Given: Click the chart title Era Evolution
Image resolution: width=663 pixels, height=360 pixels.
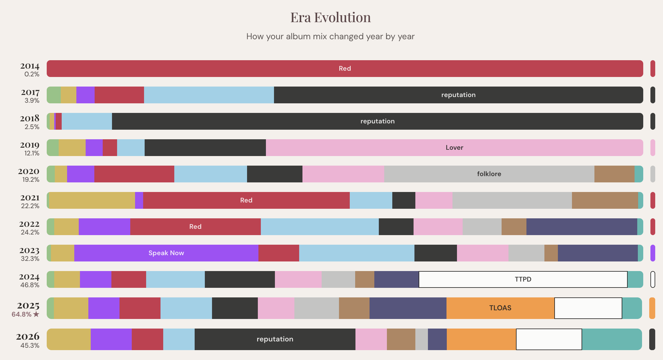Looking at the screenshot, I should click(331, 17).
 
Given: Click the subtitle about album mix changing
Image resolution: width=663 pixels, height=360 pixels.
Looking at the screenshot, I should click(330, 37).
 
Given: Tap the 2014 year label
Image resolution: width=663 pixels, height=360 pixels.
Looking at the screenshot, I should click(30, 66).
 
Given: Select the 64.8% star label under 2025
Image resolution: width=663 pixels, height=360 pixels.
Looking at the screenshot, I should click(25, 314).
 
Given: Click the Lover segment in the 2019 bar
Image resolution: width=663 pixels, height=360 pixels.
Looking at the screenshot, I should click(454, 148).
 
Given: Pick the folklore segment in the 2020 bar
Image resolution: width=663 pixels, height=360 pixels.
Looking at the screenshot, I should click(489, 174).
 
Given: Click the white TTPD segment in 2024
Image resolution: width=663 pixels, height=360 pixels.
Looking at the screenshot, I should click(523, 279).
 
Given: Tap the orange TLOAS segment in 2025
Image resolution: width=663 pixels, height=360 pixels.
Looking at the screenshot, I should click(500, 308).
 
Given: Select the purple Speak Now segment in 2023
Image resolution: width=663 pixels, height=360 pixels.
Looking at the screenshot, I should click(166, 253).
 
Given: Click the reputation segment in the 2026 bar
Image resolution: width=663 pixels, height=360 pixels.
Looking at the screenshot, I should click(275, 339).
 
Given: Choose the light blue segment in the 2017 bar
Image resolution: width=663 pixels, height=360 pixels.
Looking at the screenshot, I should click(209, 95).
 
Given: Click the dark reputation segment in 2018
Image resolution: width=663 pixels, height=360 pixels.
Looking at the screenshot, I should click(377, 121).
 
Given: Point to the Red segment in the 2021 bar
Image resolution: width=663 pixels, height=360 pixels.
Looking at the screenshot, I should click(246, 200).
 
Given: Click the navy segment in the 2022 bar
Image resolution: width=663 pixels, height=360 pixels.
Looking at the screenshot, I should click(582, 227).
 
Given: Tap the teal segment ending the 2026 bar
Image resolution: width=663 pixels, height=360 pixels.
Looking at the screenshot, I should click(611, 339).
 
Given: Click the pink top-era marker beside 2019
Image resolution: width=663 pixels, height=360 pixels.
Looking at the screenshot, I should click(653, 148).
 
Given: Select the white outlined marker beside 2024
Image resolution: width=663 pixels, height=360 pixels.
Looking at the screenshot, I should click(653, 279).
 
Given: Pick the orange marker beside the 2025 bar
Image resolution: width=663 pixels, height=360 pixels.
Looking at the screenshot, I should click(652, 308).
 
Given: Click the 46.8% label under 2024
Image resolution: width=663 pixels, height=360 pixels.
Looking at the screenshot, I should click(30, 285).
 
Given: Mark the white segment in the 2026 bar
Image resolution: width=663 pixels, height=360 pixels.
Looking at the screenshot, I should click(549, 339).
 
